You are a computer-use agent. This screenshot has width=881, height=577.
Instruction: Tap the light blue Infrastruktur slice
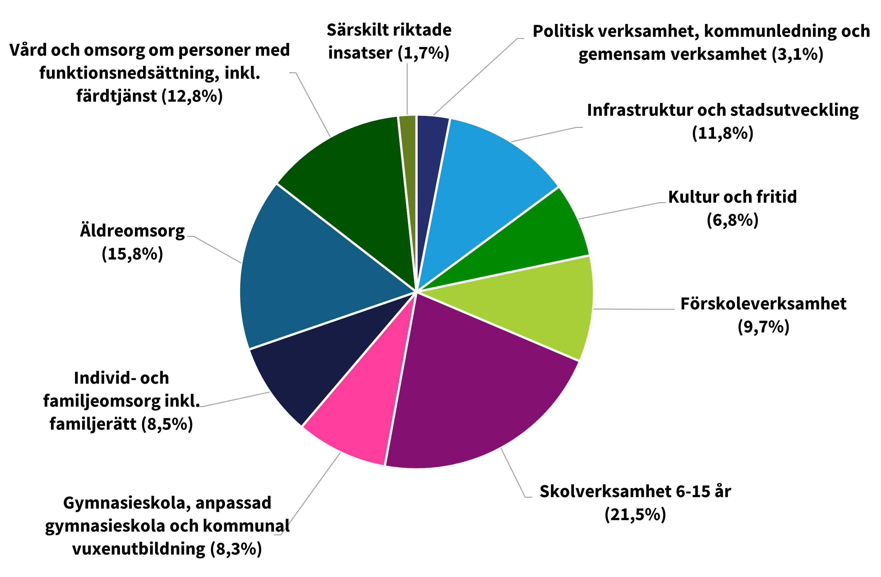tap(489, 178)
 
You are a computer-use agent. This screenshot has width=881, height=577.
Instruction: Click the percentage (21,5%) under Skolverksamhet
tap(635, 514)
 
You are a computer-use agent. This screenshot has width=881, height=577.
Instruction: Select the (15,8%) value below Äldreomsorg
tap(132, 254)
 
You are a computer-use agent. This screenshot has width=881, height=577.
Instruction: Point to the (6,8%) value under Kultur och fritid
tap(732, 220)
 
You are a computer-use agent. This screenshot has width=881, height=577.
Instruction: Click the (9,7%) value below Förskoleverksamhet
tap(763, 326)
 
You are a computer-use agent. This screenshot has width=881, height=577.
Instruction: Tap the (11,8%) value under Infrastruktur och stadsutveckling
tap(723, 133)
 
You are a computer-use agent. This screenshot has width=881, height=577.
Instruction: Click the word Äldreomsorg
tap(132, 231)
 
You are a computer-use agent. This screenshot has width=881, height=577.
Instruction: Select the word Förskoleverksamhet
tap(763, 304)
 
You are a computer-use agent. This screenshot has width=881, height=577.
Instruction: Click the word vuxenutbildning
tap(138, 549)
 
